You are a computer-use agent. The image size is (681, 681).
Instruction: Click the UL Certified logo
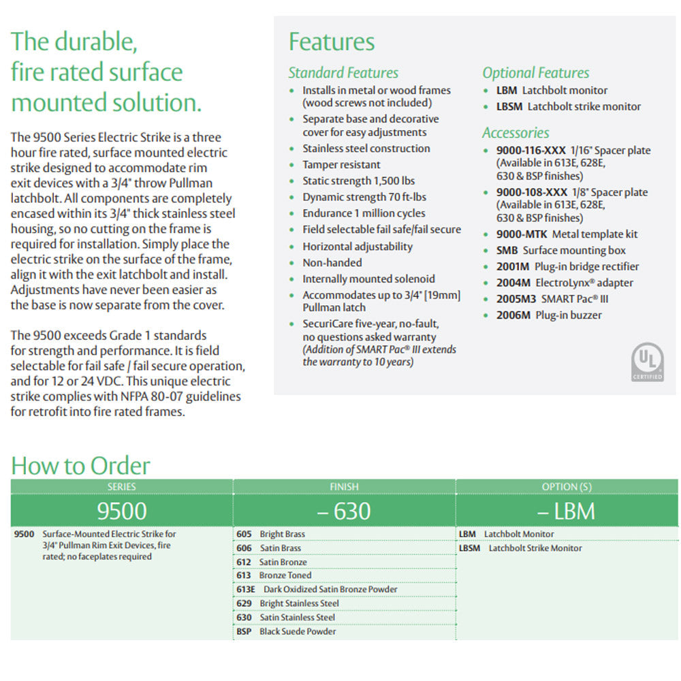pos(647,362)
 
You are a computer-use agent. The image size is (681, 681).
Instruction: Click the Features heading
pos(332,42)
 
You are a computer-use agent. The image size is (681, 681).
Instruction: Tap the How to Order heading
pos(80,466)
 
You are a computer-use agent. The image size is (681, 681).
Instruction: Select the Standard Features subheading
pos(343,72)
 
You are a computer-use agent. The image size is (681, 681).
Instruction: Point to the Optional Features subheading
pos(536,72)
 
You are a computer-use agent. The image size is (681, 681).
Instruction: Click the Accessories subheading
pos(516,133)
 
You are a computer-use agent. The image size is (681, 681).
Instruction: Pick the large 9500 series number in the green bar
pos(122,511)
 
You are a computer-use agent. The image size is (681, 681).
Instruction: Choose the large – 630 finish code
pos(344,511)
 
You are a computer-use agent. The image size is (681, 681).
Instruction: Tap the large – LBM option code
pos(567,511)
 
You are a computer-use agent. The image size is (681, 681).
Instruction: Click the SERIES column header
pos(122,487)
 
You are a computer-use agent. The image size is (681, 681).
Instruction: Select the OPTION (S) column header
pos(567,487)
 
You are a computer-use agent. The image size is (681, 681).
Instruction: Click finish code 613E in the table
pos(246,590)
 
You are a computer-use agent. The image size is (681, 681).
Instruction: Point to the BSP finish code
pos(244,632)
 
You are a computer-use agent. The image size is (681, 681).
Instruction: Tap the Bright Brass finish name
pos(282,535)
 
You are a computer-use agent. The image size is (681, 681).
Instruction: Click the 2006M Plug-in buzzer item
pos(549,315)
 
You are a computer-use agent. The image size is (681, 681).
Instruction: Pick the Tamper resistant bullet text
pos(341,165)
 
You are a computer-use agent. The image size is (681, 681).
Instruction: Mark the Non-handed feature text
pos(332,263)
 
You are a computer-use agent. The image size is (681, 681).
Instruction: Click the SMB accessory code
pos(507,251)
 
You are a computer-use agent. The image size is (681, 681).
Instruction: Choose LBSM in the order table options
pos(470,548)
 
